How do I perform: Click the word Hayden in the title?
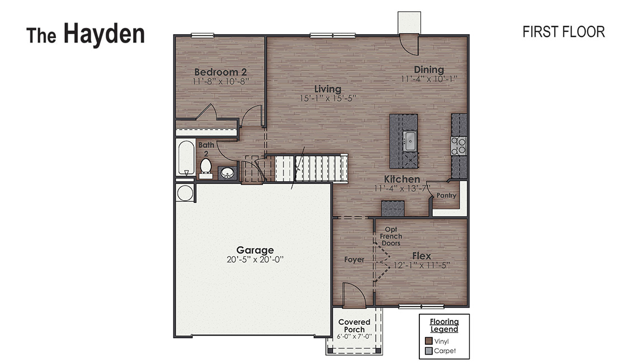[104, 34]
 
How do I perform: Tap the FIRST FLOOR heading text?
[563, 32]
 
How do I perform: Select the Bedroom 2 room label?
[220, 72]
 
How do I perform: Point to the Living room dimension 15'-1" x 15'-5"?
[328, 98]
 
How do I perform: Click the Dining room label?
[429, 70]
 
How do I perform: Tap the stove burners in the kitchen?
[459, 146]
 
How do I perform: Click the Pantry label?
[446, 196]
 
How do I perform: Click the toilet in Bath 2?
[205, 167]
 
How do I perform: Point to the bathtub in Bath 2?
[185, 158]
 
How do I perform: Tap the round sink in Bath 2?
[228, 173]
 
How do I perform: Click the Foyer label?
[354, 259]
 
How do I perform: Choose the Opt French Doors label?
[391, 237]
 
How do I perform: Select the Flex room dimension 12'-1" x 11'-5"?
[422, 265]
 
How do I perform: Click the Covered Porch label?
[354, 325]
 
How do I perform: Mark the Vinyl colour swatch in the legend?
[429, 341]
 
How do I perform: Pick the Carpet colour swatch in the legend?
[429, 351]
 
